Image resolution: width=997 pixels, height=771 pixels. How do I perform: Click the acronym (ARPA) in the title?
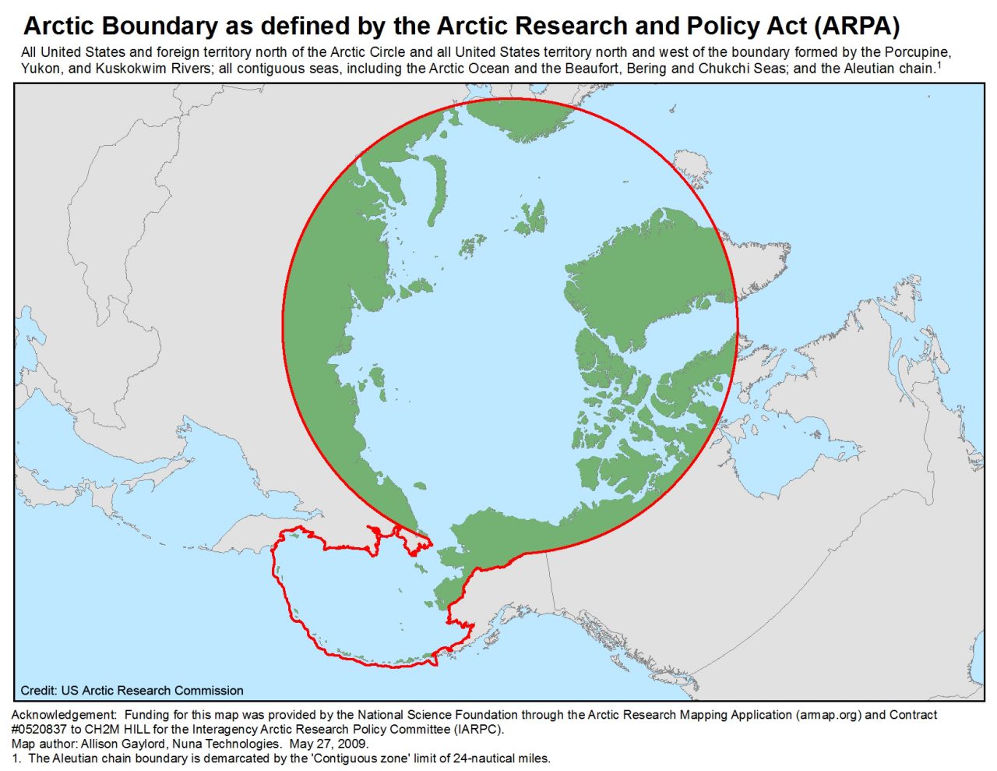point(858,27)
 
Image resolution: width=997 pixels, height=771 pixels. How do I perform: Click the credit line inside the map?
point(132,691)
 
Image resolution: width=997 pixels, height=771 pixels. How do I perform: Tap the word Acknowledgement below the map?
point(63,715)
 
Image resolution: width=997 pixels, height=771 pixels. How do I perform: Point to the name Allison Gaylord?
point(118,744)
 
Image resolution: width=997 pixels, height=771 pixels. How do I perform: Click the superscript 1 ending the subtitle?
point(939,65)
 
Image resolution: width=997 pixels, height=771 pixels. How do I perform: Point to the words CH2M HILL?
point(117,730)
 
